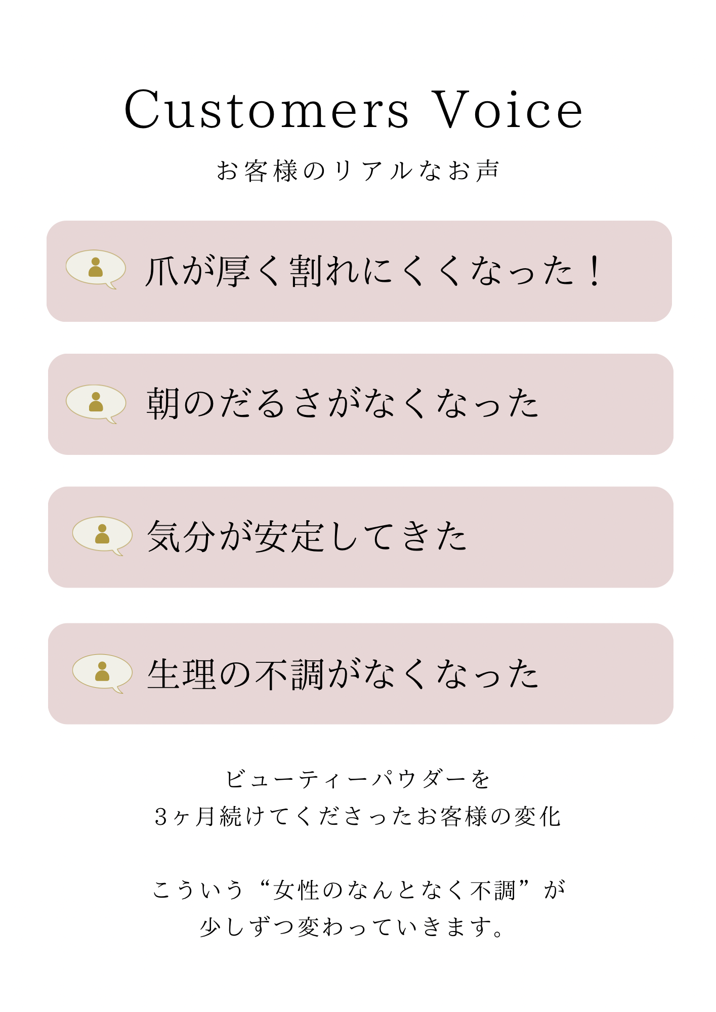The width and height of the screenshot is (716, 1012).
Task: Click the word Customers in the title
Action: click(266, 110)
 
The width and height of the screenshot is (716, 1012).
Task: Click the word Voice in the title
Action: click(508, 110)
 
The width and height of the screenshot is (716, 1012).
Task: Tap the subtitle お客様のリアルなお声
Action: click(358, 171)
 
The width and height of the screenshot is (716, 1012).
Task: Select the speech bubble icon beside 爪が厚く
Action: click(96, 268)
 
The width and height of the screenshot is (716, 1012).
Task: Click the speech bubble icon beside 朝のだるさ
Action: click(96, 403)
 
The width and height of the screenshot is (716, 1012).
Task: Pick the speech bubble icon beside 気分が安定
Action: click(102, 535)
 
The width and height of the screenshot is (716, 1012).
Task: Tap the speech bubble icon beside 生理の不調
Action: click(102, 672)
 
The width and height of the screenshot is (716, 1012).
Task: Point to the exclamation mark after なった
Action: click(596, 271)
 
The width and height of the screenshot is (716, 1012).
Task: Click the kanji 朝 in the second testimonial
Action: click(163, 404)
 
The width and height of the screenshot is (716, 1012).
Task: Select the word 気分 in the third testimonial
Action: click(181, 536)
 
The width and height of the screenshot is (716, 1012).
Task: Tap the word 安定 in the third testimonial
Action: click(289, 536)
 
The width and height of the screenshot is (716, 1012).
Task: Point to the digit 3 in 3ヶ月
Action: click(161, 816)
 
